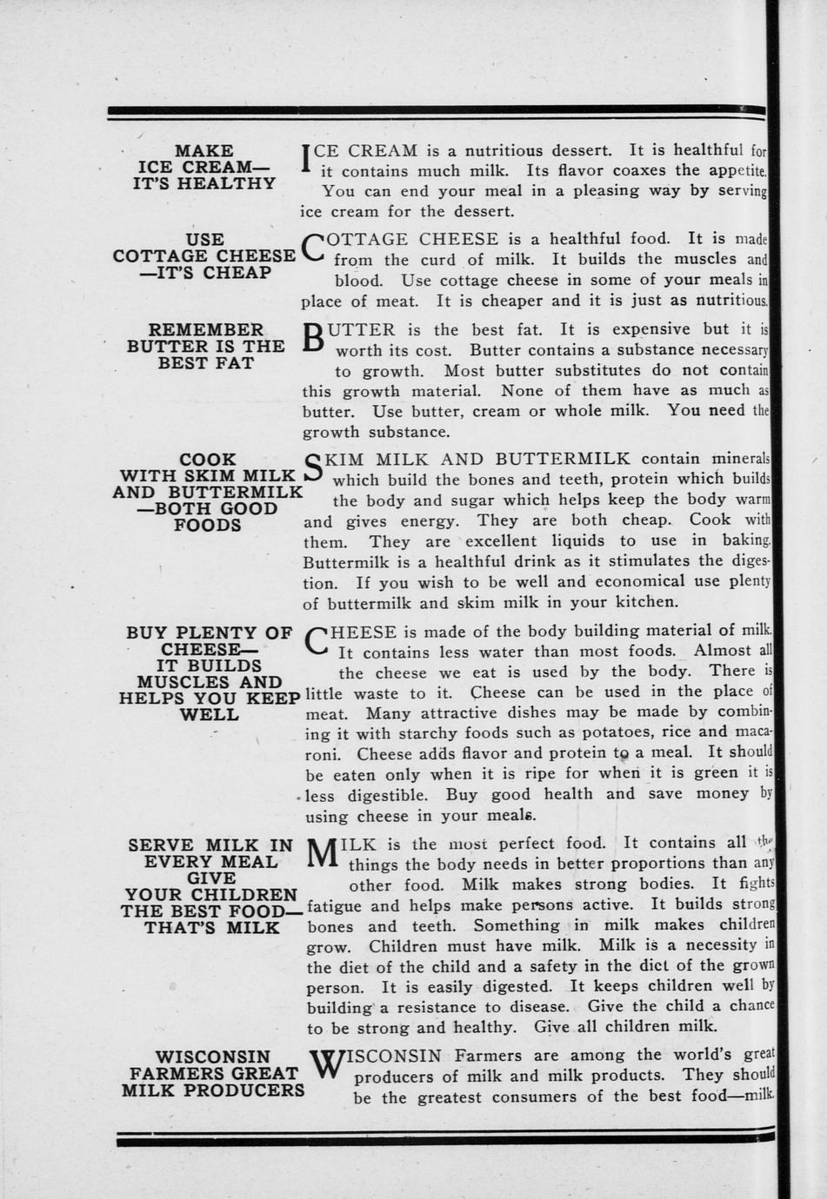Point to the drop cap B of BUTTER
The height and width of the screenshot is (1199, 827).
313,338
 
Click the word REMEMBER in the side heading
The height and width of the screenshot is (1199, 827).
206,330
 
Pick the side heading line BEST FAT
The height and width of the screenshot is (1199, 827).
206,363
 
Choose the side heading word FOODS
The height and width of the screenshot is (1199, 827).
207,526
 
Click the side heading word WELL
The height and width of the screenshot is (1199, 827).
209,715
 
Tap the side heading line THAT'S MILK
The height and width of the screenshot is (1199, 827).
212,928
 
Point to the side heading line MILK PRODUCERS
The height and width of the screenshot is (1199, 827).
213,1090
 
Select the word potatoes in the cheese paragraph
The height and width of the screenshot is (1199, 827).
615,732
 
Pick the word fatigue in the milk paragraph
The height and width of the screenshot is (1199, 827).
336,905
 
